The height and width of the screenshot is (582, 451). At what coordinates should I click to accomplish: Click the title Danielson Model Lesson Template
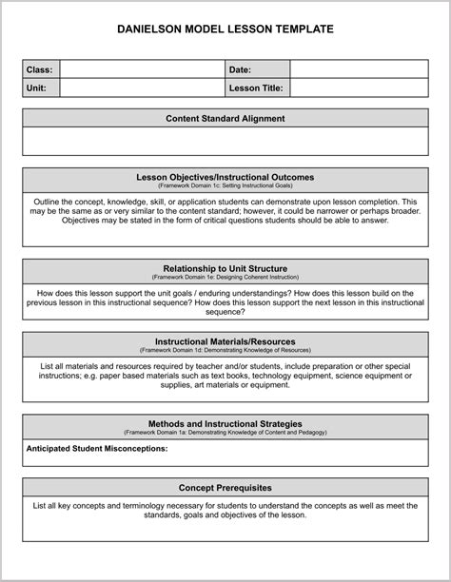tap(225, 29)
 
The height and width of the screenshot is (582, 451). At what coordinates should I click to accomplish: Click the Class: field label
tap(40, 69)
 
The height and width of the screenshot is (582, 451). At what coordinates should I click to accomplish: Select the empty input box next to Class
tap(141, 69)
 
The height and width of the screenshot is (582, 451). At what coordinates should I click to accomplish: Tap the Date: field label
tap(240, 69)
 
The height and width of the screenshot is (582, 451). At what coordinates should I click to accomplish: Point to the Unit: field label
tap(38, 87)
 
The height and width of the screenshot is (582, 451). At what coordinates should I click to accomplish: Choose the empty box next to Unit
tap(141, 87)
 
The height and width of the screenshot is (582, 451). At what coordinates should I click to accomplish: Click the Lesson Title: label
tap(255, 87)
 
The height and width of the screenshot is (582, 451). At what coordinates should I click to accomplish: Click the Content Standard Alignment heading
tap(225, 119)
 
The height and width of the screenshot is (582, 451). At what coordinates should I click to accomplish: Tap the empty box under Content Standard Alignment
tap(225, 142)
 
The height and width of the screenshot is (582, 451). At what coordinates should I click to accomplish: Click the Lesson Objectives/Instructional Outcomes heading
tap(225, 177)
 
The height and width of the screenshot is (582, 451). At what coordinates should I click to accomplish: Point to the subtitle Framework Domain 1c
tap(225, 186)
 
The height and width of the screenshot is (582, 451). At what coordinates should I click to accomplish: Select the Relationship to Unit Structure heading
tap(225, 268)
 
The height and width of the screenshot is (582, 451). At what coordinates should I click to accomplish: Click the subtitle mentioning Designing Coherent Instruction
tap(225, 278)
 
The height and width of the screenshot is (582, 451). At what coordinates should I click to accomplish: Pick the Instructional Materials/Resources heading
tap(225, 340)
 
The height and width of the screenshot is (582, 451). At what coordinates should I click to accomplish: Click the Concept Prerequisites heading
tap(225, 488)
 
